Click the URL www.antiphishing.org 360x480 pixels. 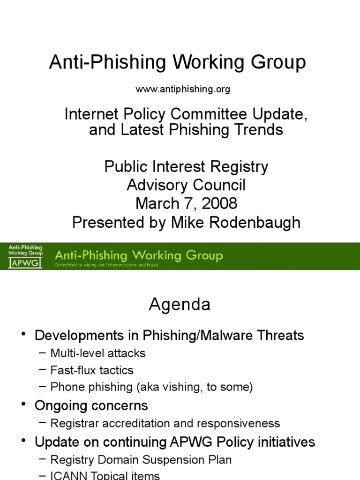point(183,89)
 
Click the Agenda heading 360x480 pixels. point(180,305)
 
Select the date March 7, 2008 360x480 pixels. point(186,203)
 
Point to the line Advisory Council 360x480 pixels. point(186,185)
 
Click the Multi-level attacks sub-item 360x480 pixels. point(98,353)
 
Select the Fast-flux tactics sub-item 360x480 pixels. point(92,370)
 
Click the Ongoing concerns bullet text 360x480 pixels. point(91,405)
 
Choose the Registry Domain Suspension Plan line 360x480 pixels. point(141,460)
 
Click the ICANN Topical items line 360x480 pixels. point(105,476)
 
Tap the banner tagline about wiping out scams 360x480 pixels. point(106,265)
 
